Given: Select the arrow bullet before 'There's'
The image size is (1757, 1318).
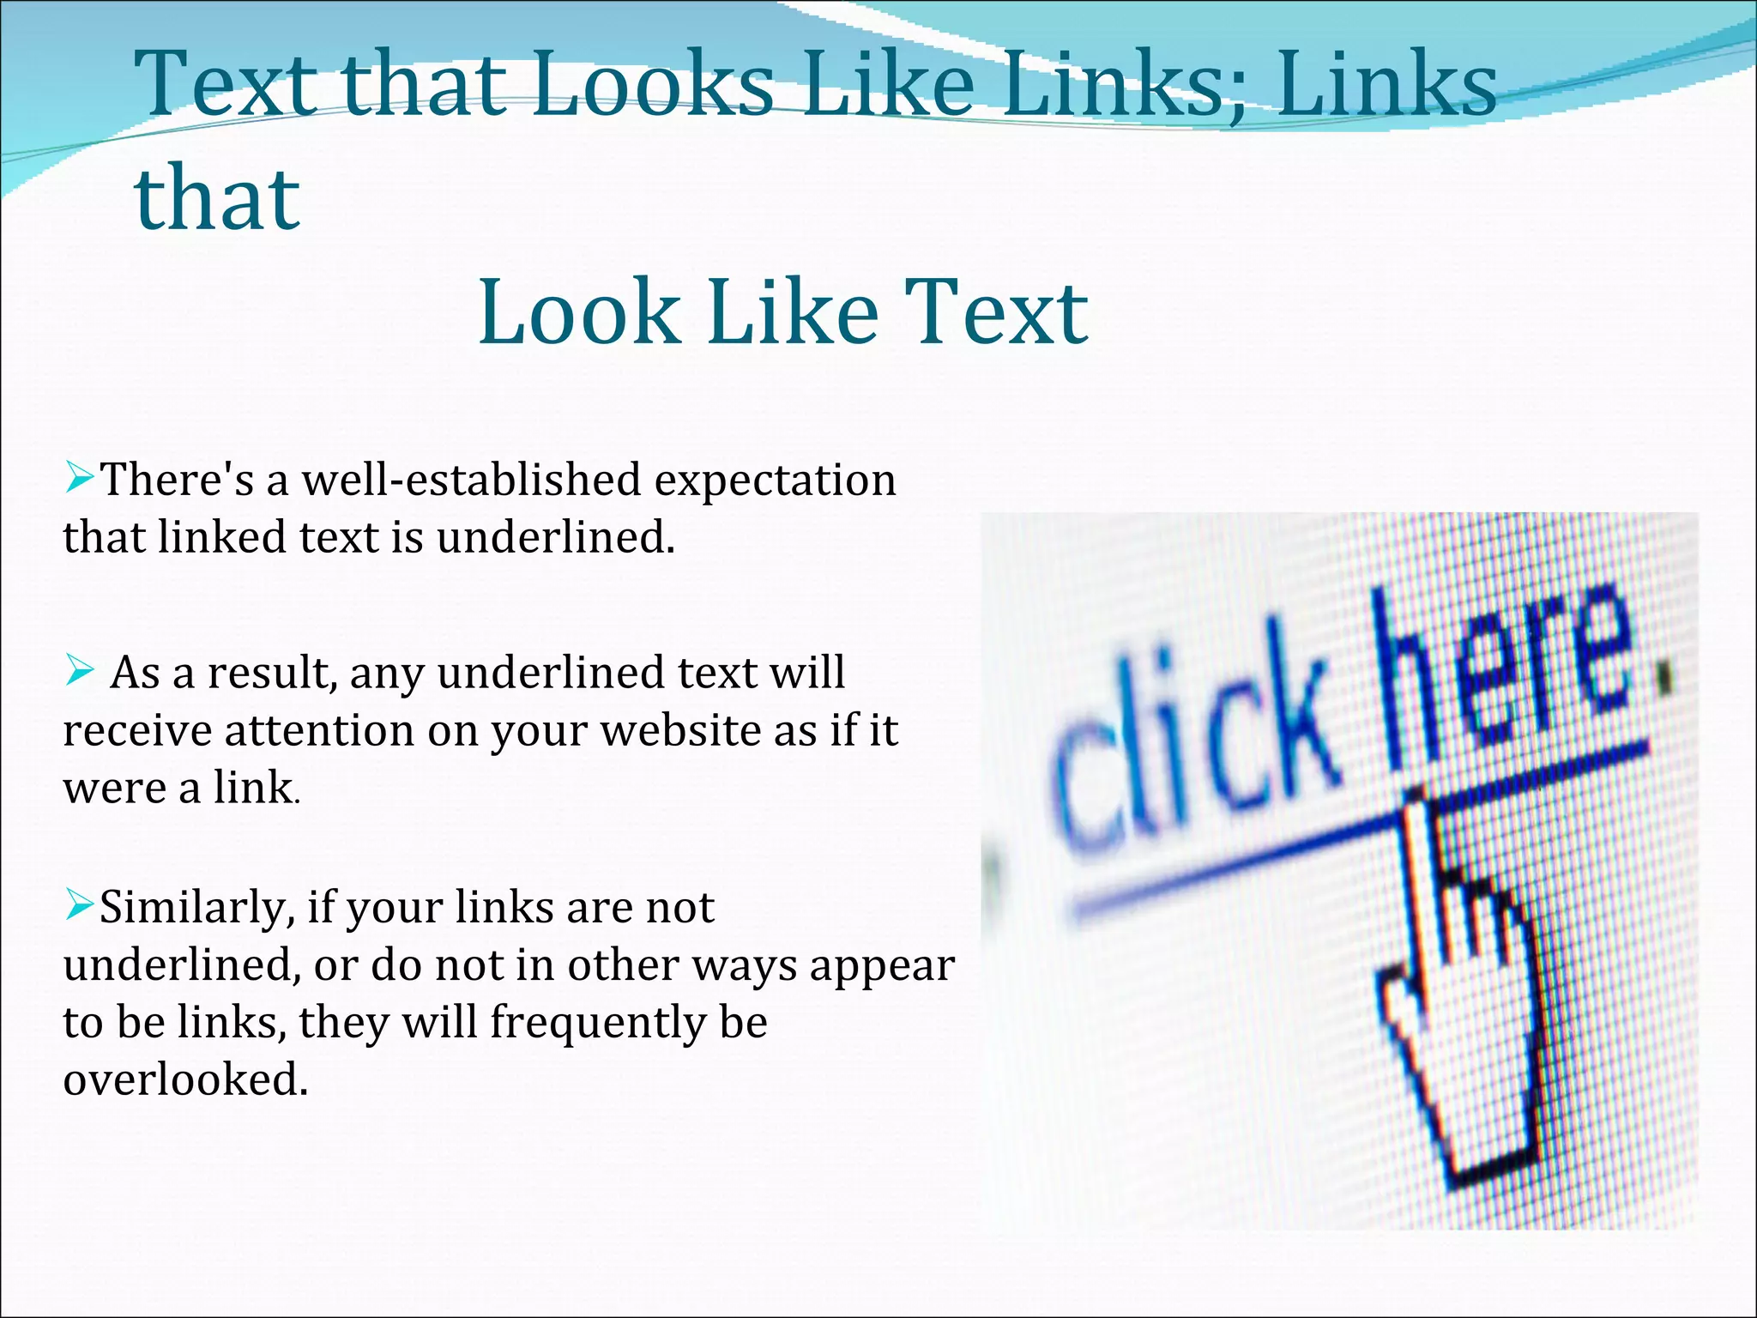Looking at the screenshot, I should [x=79, y=477].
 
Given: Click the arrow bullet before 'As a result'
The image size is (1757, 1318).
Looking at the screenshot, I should [x=79, y=670].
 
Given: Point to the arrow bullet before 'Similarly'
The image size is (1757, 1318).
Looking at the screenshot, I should [x=79, y=904].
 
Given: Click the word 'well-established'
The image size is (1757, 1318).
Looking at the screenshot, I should [x=471, y=479].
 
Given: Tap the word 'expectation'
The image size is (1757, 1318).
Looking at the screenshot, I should [x=776, y=481].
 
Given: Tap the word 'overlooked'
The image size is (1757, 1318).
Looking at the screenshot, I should [x=184, y=1079].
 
